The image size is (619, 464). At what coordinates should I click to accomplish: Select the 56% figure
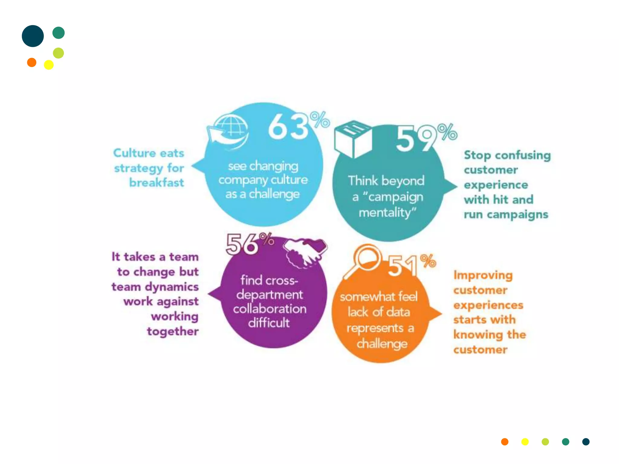click(249, 243)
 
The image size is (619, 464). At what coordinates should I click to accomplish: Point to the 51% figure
click(411, 265)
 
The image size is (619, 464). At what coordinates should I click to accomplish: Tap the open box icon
click(353, 139)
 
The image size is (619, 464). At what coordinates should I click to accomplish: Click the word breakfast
click(157, 182)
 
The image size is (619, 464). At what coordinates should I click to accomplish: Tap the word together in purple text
click(173, 331)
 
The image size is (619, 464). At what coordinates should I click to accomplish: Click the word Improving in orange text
click(483, 275)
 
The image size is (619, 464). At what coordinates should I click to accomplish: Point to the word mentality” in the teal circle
click(387, 213)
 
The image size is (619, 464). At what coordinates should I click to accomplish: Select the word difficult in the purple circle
click(269, 323)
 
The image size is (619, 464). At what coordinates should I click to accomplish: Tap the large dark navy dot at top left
click(33, 36)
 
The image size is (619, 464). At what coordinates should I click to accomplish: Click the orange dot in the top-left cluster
click(32, 63)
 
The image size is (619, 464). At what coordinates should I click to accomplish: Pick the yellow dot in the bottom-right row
click(525, 442)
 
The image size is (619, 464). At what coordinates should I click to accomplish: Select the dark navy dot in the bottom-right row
click(586, 442)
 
